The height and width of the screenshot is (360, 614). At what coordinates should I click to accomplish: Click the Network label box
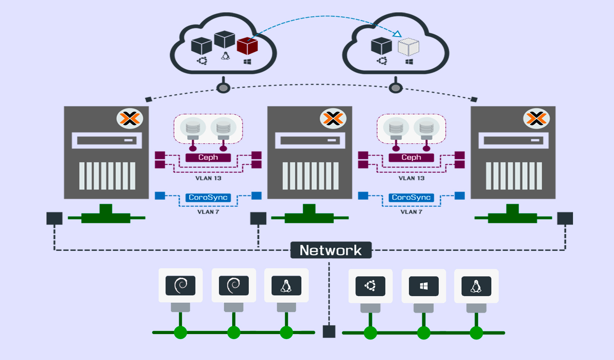point(331,250)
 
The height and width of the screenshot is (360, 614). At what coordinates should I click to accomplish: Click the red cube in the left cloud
point(247,46)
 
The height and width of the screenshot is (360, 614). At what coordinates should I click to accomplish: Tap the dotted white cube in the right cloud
point(409,47)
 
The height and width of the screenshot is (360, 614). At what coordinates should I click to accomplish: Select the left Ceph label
point(208,158)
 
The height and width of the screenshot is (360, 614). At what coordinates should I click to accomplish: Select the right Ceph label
point(411,158)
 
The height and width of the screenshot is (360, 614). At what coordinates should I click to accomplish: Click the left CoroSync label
point(208,197)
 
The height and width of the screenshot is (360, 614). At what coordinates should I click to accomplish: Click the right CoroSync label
point(411,197)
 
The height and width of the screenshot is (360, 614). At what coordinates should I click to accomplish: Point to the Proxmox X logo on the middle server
point(333,118)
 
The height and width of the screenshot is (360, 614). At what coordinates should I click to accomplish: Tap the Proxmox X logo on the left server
point(130,118)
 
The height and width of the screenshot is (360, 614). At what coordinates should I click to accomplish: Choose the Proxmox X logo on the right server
point(536,118)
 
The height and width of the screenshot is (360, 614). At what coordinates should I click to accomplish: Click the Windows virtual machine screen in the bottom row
point(424,286)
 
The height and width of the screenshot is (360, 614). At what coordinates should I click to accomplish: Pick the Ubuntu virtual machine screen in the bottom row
point(370,286)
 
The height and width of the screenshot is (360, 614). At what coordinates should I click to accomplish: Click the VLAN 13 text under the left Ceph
point(208,178)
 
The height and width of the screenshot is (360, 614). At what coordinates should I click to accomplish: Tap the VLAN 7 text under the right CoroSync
point(411,212)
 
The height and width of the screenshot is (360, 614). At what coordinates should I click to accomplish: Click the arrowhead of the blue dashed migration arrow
point(397,34)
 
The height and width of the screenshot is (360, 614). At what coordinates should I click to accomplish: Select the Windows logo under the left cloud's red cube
point(248,62)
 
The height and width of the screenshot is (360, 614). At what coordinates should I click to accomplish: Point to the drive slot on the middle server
point(310,140)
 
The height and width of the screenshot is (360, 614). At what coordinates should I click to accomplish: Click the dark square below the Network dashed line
point(329,331)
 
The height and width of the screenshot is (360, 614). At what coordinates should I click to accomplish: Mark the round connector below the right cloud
point(395,88)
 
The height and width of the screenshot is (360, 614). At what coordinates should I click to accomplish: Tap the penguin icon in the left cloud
point(226,56)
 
